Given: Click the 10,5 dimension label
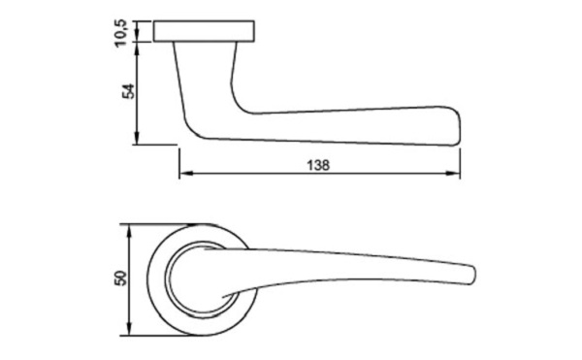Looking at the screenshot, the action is coord(121,33).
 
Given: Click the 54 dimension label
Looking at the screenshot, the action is coord(129,91).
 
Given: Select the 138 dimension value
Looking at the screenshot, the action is coord(318,165).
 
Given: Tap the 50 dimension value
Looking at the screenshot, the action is coord(121,278).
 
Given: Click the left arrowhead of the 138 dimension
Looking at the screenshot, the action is coord(184,174).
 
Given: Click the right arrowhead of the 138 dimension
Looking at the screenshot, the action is coord(454,174).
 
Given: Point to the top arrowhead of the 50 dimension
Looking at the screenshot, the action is coord(129,231).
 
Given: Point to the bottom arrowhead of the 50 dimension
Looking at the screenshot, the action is coord(129,330).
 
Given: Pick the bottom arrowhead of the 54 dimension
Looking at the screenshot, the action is coord(137,138).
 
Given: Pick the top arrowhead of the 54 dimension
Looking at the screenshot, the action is coord(137,49).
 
